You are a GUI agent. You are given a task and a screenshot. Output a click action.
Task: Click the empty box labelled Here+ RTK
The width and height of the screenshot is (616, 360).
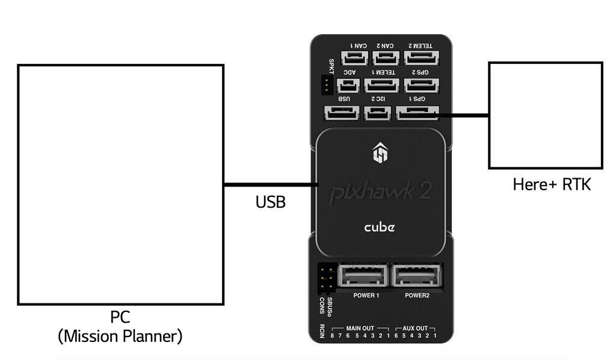[x=545, y=115]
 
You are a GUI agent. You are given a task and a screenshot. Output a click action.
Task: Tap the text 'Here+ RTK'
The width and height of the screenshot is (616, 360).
[x=552, y=184]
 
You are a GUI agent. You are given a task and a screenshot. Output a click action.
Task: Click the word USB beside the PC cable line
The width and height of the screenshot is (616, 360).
[x=270, y=202]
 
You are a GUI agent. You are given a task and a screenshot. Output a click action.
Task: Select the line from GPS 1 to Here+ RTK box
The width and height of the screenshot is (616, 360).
[x=463, y=115]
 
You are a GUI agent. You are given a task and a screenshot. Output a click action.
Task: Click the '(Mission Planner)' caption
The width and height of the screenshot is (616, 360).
[x=120, y=335]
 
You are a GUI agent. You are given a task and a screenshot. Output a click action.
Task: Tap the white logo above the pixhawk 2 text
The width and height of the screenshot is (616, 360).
[x=380, y=153]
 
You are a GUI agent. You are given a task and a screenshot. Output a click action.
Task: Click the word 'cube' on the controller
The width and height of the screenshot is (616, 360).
[x=380, y=228]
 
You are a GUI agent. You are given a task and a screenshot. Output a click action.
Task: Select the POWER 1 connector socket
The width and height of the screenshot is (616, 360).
[x=363, y=276]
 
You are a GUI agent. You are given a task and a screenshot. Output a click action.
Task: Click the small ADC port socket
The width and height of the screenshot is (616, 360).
[x=349, y=86]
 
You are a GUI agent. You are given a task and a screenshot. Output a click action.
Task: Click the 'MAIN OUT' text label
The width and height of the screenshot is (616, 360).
[x=360, y=329]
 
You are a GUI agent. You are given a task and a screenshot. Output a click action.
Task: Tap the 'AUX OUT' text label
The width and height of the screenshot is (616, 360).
[x=415, y=329]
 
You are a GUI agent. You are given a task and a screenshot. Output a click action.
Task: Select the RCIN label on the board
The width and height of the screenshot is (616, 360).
[x=322, y=332]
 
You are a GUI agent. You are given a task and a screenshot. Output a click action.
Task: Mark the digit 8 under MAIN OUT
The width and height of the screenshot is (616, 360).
[x=332, y=335]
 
